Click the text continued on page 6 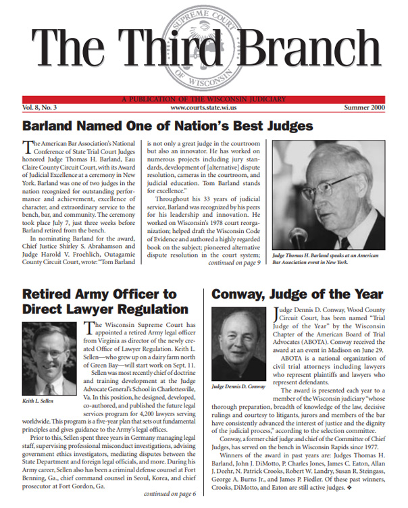click(x=168, y=494)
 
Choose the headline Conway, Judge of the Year click(x=297, y=294)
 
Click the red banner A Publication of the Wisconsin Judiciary click(x=203, y=99)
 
